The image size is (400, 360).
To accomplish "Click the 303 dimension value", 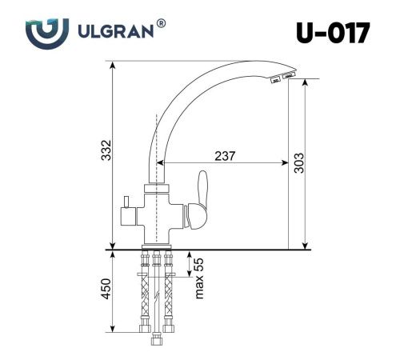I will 298,162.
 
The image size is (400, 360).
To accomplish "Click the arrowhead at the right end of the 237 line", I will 285,165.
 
